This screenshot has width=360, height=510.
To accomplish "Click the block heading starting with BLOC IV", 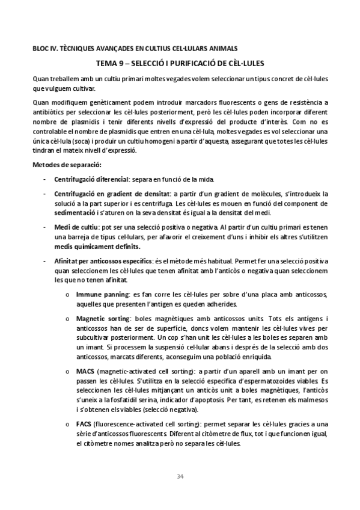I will [x=135, y=48].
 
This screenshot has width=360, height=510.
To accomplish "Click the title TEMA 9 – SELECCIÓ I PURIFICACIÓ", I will [x=180, y=63].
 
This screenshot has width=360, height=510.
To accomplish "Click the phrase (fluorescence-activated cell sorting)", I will [x=141, y=424].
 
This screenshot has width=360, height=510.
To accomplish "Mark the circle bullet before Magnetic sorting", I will [x=66, y=319].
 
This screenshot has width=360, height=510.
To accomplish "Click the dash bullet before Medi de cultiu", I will [x=44, y=227].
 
